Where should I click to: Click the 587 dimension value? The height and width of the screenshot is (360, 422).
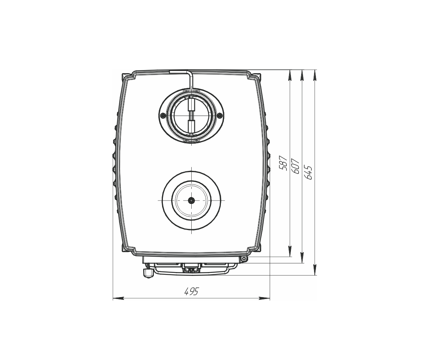point(283,163)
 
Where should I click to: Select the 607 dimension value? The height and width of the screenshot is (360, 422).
point(295,166)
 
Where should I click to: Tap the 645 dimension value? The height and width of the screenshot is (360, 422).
point(308,172)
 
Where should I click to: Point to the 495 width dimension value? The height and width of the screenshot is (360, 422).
point(191,291)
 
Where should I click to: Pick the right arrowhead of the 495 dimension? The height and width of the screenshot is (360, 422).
point(264,298)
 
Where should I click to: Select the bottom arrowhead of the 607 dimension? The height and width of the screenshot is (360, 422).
point(302,257)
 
